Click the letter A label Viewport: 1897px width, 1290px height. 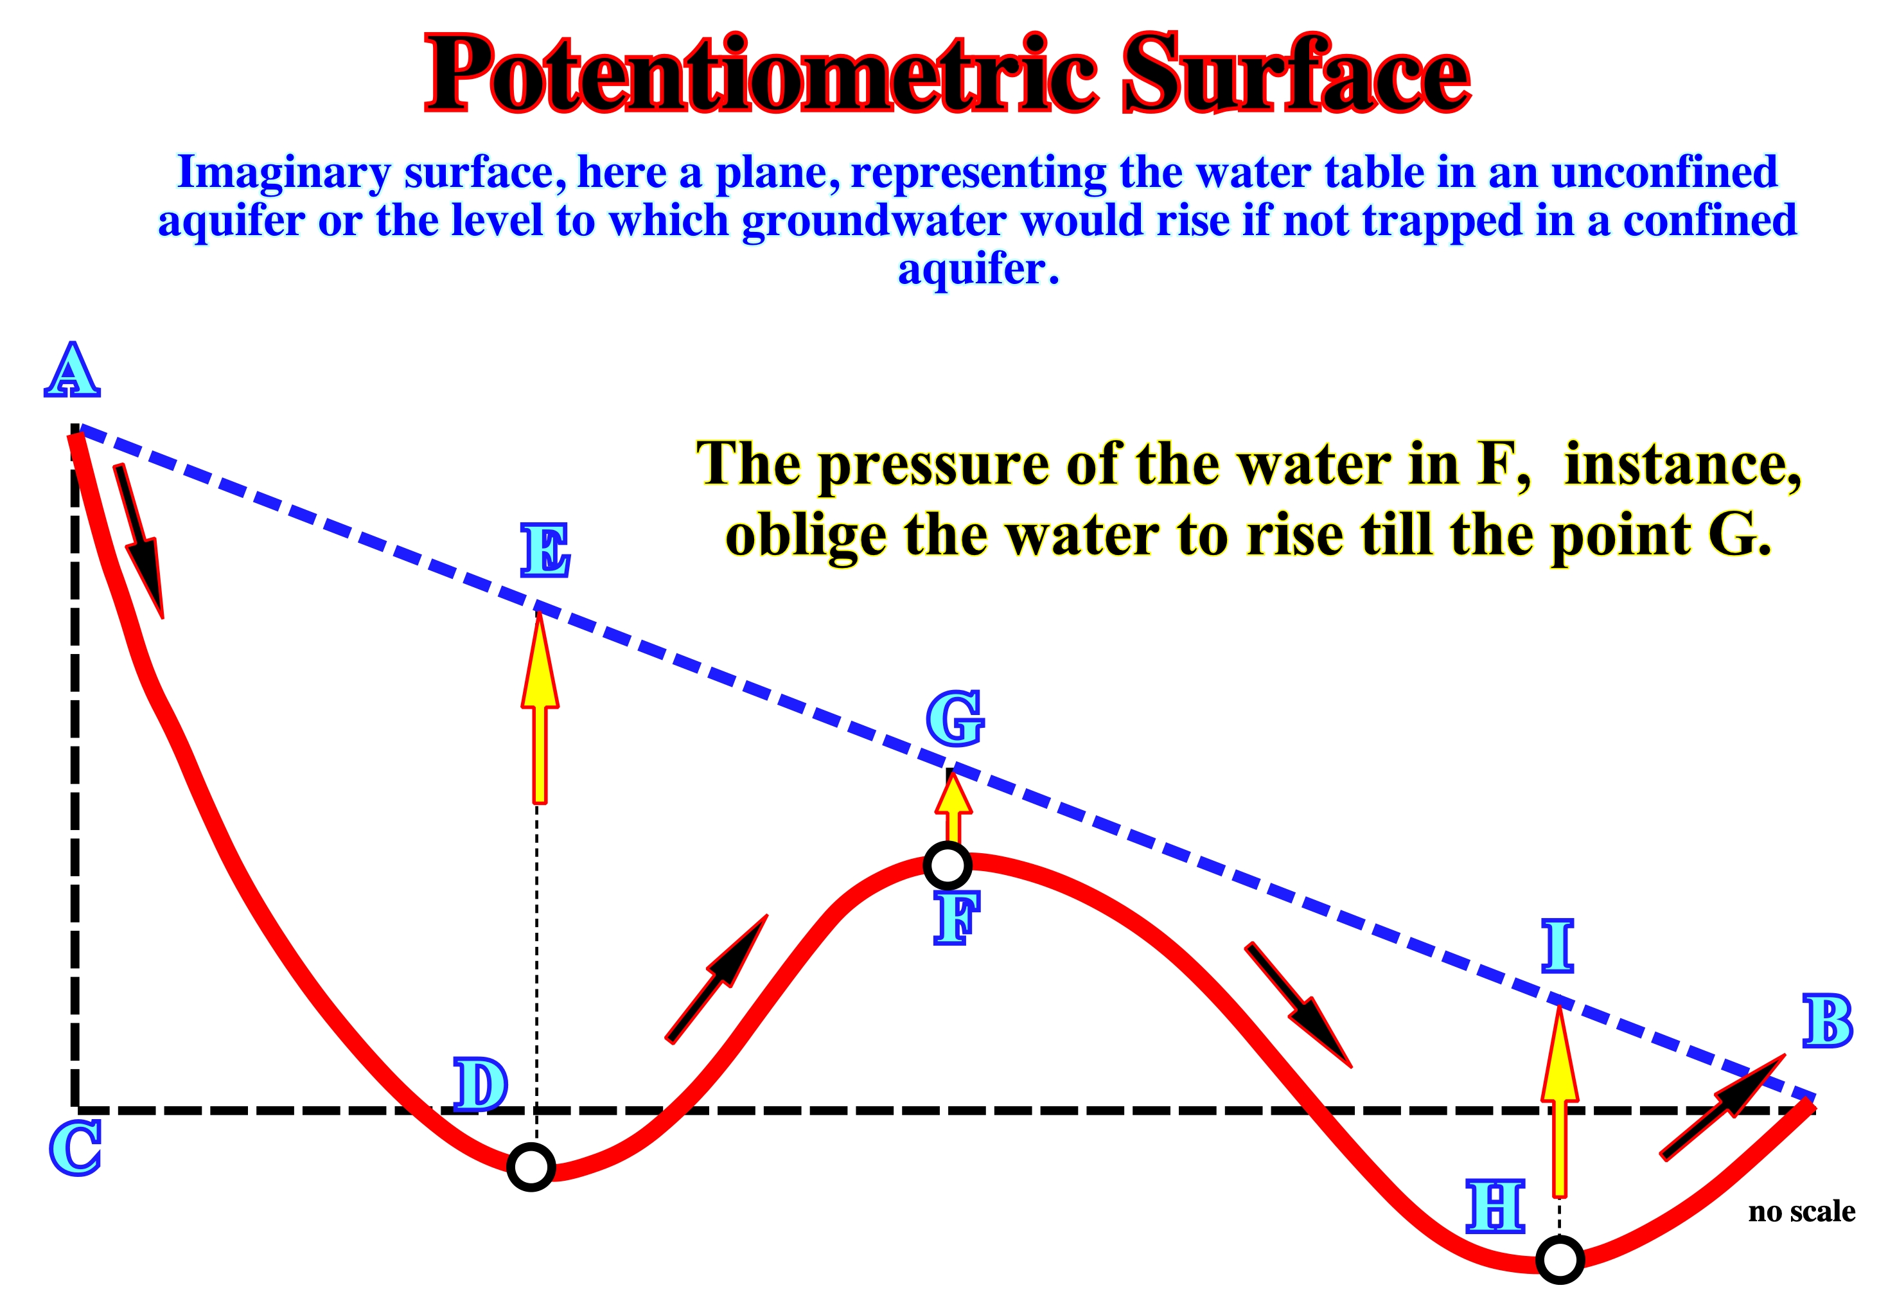tap(72, 370)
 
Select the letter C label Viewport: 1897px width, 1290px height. tap(75, 1147)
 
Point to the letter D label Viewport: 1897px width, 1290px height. tap(481, 1084)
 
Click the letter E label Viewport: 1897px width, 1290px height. tap(545, 551)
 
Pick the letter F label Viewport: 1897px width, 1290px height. tap(956, 919)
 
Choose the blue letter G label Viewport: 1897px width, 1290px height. tap(955, 718)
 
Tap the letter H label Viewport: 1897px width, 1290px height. tap(1496, 1206)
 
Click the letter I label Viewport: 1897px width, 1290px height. tap(1557, 946)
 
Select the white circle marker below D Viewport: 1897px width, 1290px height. tap(531, 1167)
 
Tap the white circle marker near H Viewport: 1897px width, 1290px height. tap(1560, 1260)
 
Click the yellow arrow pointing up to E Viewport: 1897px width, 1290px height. tap(540, 707)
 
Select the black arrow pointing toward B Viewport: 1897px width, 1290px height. tap(1723, 1106)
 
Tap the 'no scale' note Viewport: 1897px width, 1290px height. tap(1801, 1211)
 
